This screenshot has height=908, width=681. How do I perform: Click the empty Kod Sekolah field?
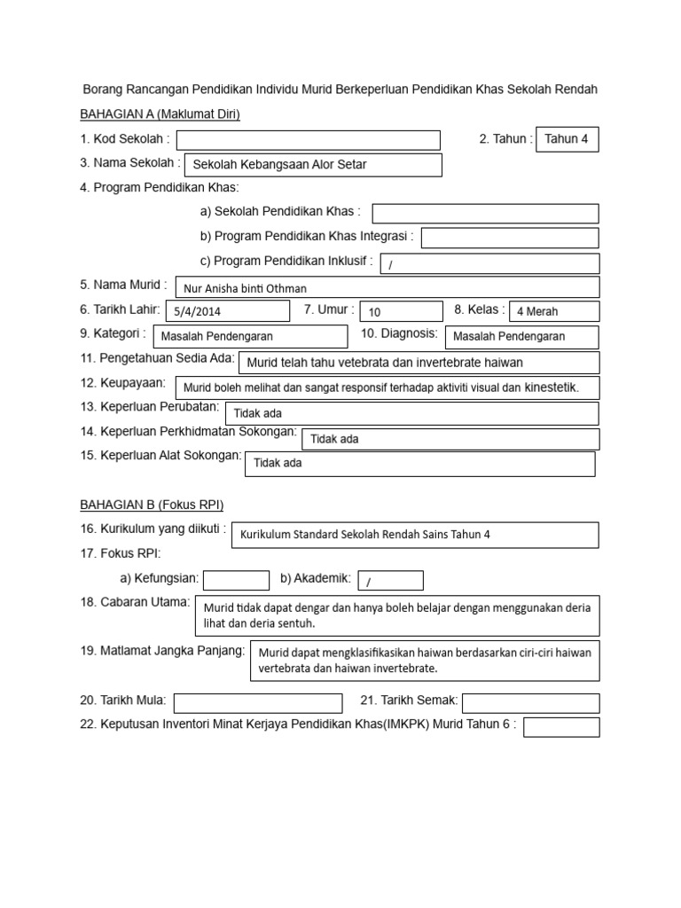click(309, 140)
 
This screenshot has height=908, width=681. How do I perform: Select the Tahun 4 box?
click(567, 139)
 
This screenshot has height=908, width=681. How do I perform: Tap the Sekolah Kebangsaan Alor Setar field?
click(312, 165)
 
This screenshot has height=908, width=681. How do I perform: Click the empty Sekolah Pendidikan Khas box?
click(485, 213)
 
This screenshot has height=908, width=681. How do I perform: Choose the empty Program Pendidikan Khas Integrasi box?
click(510, 238)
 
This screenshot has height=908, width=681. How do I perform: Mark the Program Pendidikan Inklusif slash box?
click(489, 263)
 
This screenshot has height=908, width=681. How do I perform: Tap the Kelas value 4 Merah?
click(554, 311)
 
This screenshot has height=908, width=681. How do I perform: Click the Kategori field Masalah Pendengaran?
click(251, 336)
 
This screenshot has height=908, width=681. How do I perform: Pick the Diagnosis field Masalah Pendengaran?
click(521, 336)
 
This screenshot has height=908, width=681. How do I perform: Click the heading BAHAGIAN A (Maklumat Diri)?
click(160, 114)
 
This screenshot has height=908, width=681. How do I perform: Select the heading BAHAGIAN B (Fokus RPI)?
click(152, 505)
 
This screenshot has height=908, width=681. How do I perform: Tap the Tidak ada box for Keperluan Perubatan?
click(411, 413)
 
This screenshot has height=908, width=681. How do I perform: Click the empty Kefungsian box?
click(236, 580)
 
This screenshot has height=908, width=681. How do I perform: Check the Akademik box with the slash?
click(390, 580)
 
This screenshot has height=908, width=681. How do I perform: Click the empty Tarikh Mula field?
click(258, 702)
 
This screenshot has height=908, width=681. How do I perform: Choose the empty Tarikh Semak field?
click(530, 702)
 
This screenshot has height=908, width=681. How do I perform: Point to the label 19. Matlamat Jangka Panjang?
click(162, 651)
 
